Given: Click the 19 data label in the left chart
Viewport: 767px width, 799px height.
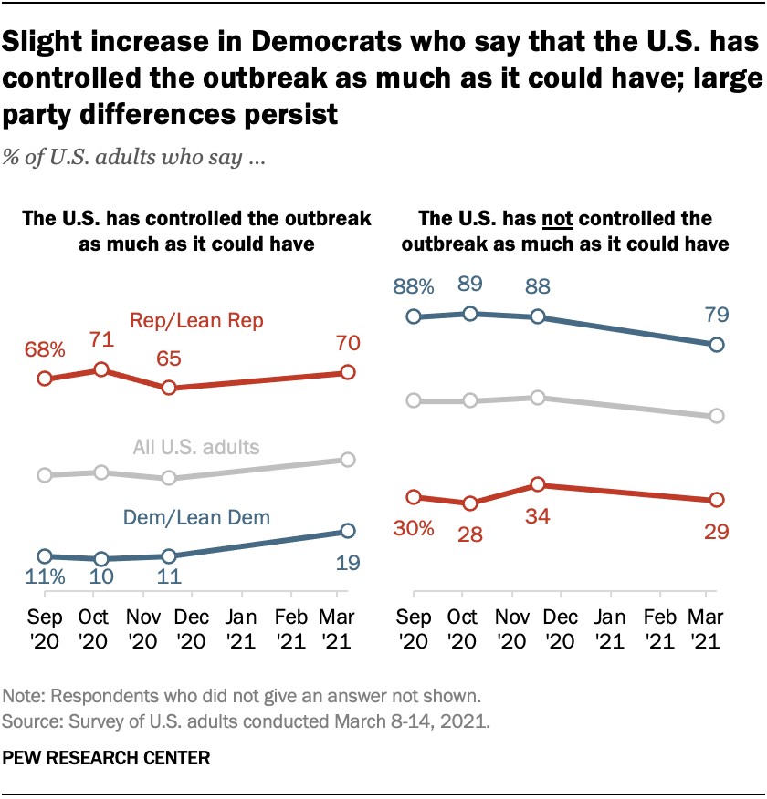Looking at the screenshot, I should click(347, 562).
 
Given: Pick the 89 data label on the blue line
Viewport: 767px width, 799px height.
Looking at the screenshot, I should click(469, 285).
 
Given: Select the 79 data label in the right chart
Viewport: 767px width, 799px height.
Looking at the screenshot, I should click(717, 316).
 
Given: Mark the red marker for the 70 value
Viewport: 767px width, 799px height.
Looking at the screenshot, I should click(348, 372).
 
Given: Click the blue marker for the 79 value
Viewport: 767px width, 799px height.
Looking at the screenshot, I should click(717, 345).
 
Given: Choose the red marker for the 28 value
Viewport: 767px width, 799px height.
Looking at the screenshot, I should click(469, 503).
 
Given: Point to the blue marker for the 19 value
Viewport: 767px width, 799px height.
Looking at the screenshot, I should click(348, 531).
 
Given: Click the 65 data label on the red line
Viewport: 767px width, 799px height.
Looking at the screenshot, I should click(168, 358).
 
